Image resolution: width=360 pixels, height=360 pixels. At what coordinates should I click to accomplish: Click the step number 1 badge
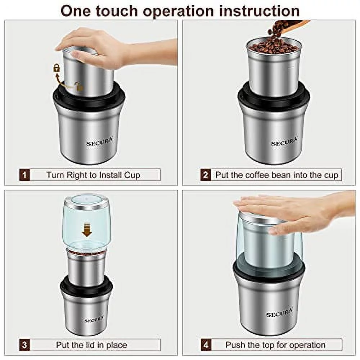pyautogui.click(x=24, y=175)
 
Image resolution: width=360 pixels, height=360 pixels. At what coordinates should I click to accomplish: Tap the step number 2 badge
pyautogui.click(x=205, y=175)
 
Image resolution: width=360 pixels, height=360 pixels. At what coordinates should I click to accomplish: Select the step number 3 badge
pyautogui.click(x=24, y=345)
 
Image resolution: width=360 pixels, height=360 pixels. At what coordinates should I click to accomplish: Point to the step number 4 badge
pyautogui.click(x=205, y=345)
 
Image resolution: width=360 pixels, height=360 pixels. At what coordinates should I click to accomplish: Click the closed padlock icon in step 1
pyautogui.click(x=57, y=67)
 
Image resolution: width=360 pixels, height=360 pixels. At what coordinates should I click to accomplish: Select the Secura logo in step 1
pyautogui.click(x=99, y=143)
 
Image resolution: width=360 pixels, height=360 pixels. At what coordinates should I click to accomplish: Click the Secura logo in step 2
pyautogui.click(x=284, y=143)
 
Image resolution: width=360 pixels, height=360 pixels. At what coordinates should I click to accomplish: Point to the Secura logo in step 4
pyautogui.click(x=279, y=314)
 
